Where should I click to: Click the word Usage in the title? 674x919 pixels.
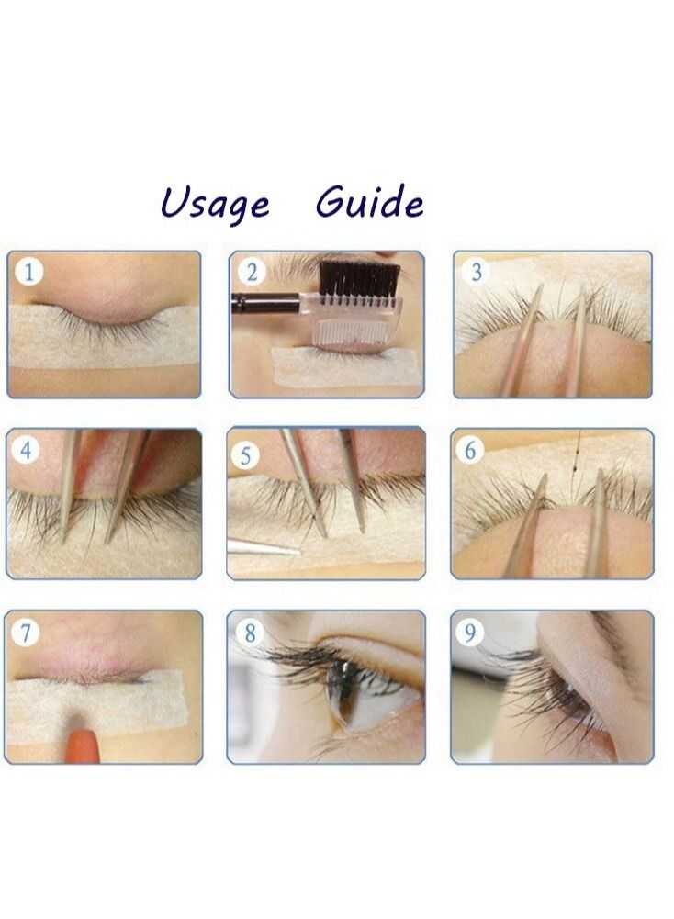(x=215, y=203)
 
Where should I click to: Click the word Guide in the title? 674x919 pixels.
(x=369, y=201)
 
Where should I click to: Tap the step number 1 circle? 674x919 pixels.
(x=29, y=273)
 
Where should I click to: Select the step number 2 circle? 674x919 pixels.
(x=251, y=272)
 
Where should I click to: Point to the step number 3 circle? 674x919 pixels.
(x=476, y=272)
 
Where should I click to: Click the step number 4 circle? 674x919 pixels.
(x=29, y=450)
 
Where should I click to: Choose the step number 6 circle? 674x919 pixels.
(x=472, y=450)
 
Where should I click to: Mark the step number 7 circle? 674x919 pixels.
(x=29, y=632)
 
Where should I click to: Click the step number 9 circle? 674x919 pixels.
(x=472, y=632)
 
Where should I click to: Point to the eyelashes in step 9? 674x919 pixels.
(x=542, y=689)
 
